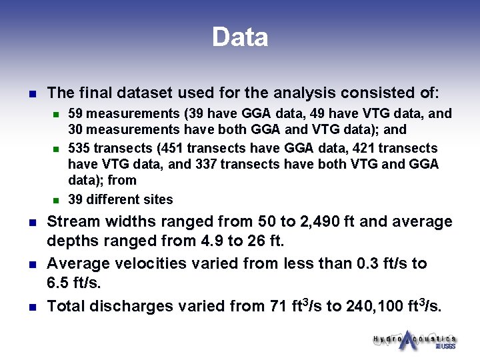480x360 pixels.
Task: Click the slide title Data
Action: (240, 37)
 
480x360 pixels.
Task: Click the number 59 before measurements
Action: (76, 114)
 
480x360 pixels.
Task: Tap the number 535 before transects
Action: (79, 148)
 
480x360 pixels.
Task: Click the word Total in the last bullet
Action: (65, 307)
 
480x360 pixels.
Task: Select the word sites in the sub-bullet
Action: (158, 199)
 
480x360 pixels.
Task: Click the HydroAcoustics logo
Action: (414, 340)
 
